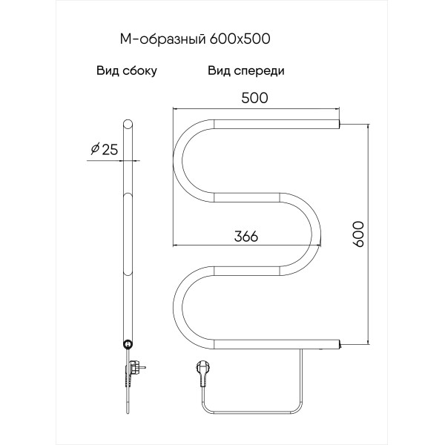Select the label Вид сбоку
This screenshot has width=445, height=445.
point(126,72)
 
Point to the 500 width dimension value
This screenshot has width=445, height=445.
point(256,98)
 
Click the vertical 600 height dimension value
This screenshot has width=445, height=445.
point(360,234)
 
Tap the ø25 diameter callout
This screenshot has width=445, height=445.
point(104,150)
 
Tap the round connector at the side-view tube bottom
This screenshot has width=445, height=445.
point(128,343)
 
